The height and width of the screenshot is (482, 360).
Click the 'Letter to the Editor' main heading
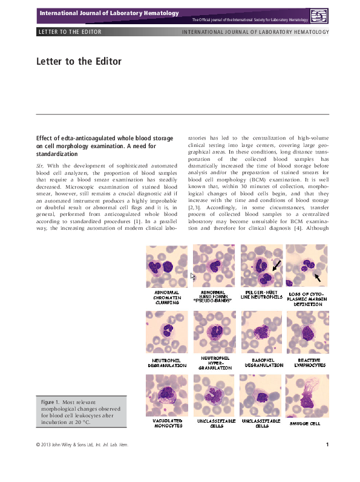[x=79, y=62]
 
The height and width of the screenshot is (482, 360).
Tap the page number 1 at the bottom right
[x=327, y=446]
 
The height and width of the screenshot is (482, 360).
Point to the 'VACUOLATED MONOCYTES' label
[x=166, y=423]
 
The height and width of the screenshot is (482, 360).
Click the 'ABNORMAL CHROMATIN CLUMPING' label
[x=166, y=298]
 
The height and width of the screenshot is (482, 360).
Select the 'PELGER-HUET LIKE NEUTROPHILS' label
[x=261, y=295]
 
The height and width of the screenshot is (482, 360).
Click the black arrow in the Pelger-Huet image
[x=276, y=265]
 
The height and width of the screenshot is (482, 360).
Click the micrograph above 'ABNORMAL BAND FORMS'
[x=214, y=265]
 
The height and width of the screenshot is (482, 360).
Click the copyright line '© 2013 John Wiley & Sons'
[x=82, y=446]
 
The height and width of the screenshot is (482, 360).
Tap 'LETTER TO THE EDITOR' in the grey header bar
[x=69, y=31]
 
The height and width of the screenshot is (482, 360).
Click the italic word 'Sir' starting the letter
[x=40, y=164]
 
